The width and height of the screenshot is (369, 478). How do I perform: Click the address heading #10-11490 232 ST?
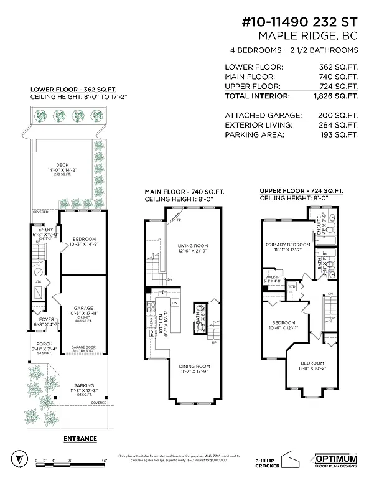coord(300,22)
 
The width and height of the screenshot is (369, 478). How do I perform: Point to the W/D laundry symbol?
coord(292,287)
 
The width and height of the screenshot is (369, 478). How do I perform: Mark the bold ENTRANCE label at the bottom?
coord(80,439)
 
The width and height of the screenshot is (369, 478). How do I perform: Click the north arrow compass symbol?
coord(21,457)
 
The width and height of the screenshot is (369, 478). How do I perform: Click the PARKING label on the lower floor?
coord(84,385)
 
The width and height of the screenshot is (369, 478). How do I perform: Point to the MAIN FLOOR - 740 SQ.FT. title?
coord(184,192)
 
